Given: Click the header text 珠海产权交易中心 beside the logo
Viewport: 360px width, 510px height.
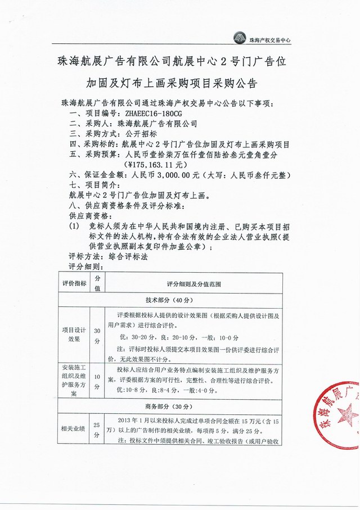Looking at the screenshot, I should pos(273,39).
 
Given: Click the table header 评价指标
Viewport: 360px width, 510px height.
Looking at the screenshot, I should pos(74,283).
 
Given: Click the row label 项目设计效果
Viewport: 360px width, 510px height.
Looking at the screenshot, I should pos(74,335).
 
